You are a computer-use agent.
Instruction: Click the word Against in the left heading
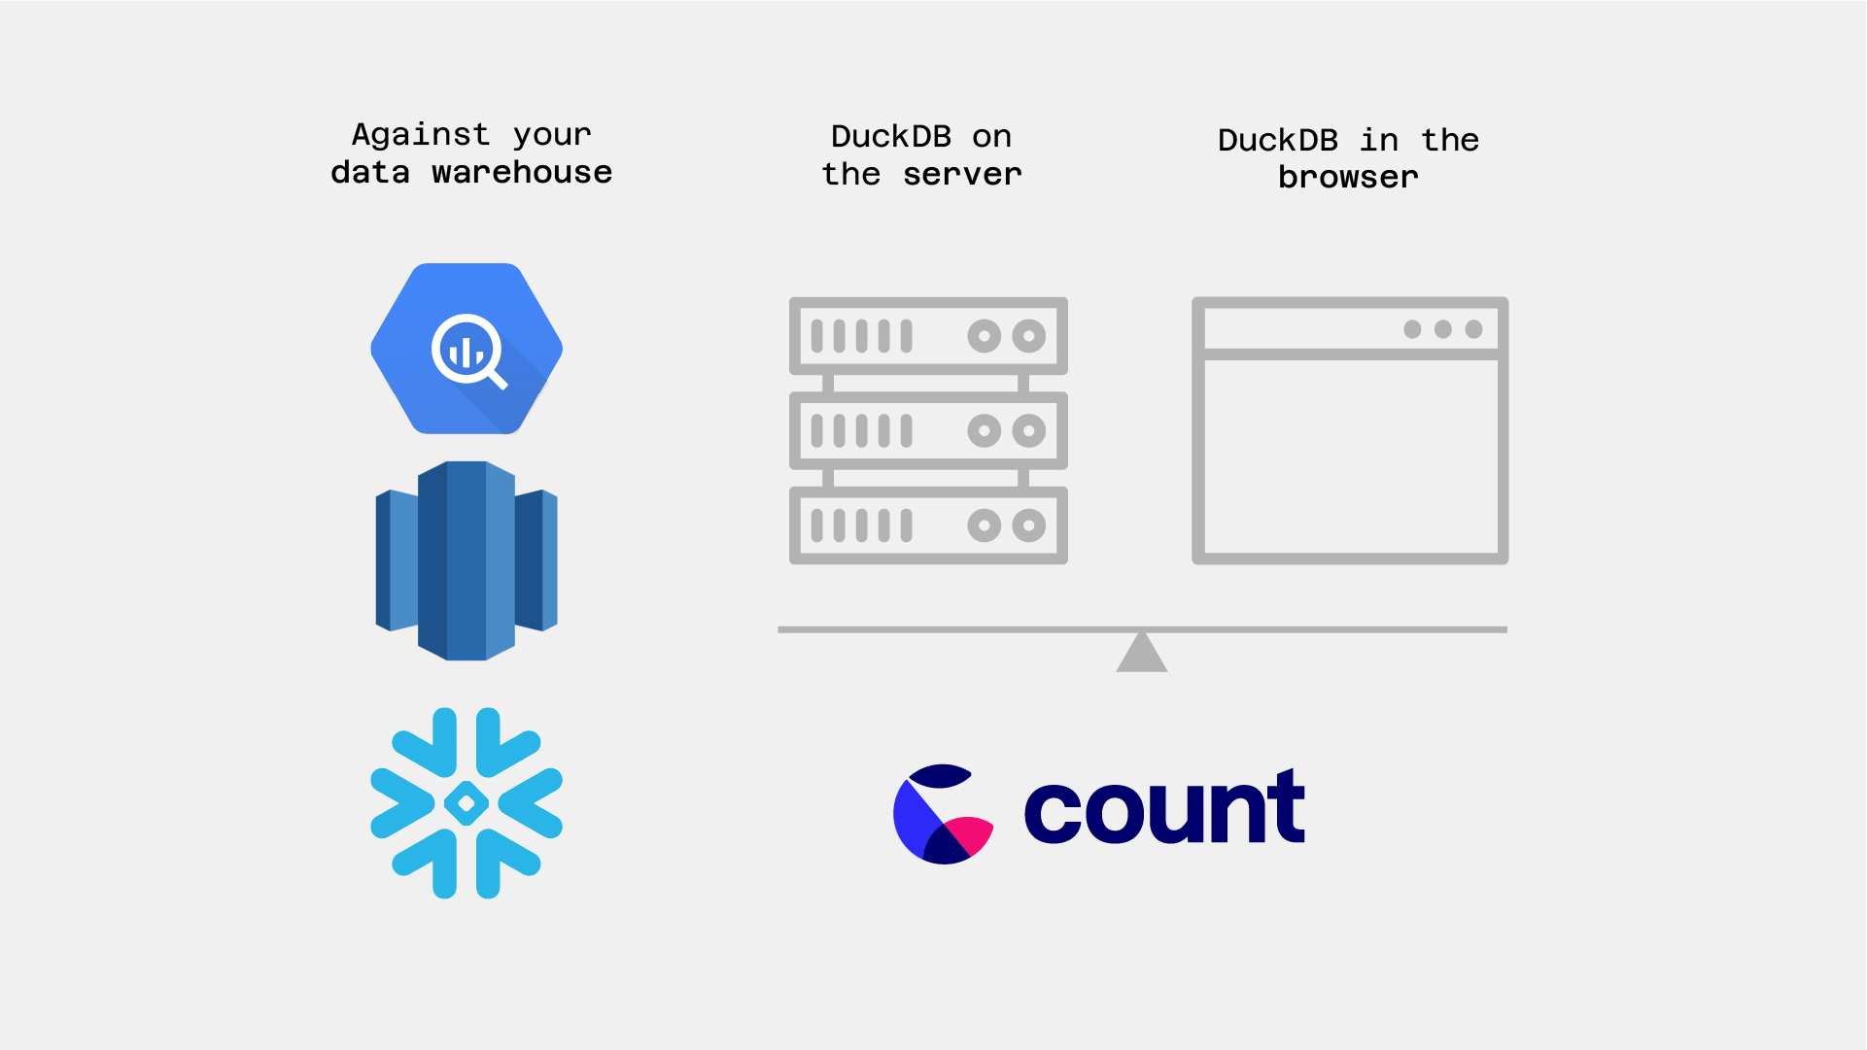[421, 135]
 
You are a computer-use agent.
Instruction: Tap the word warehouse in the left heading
[522, 173]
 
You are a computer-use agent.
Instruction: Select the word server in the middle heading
[962, 175]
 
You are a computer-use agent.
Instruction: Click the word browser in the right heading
[1348, 177]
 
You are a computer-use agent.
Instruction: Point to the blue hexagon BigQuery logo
[467, 349]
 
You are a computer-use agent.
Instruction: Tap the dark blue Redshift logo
[467, 560]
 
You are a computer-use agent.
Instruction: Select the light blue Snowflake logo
[467, 803]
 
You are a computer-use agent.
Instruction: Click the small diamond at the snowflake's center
[467, 803]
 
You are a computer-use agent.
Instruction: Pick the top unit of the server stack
[928, 336]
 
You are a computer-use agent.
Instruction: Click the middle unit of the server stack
[928, 430]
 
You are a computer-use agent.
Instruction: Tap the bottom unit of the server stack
[928, 525]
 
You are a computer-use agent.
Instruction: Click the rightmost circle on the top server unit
[1029, 336]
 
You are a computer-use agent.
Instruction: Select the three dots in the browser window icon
[1443, 329]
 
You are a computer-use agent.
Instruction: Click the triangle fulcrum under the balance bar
[1142, 651]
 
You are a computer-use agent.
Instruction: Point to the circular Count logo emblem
[943, 814]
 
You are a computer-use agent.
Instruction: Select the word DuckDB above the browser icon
[1278, 140]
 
